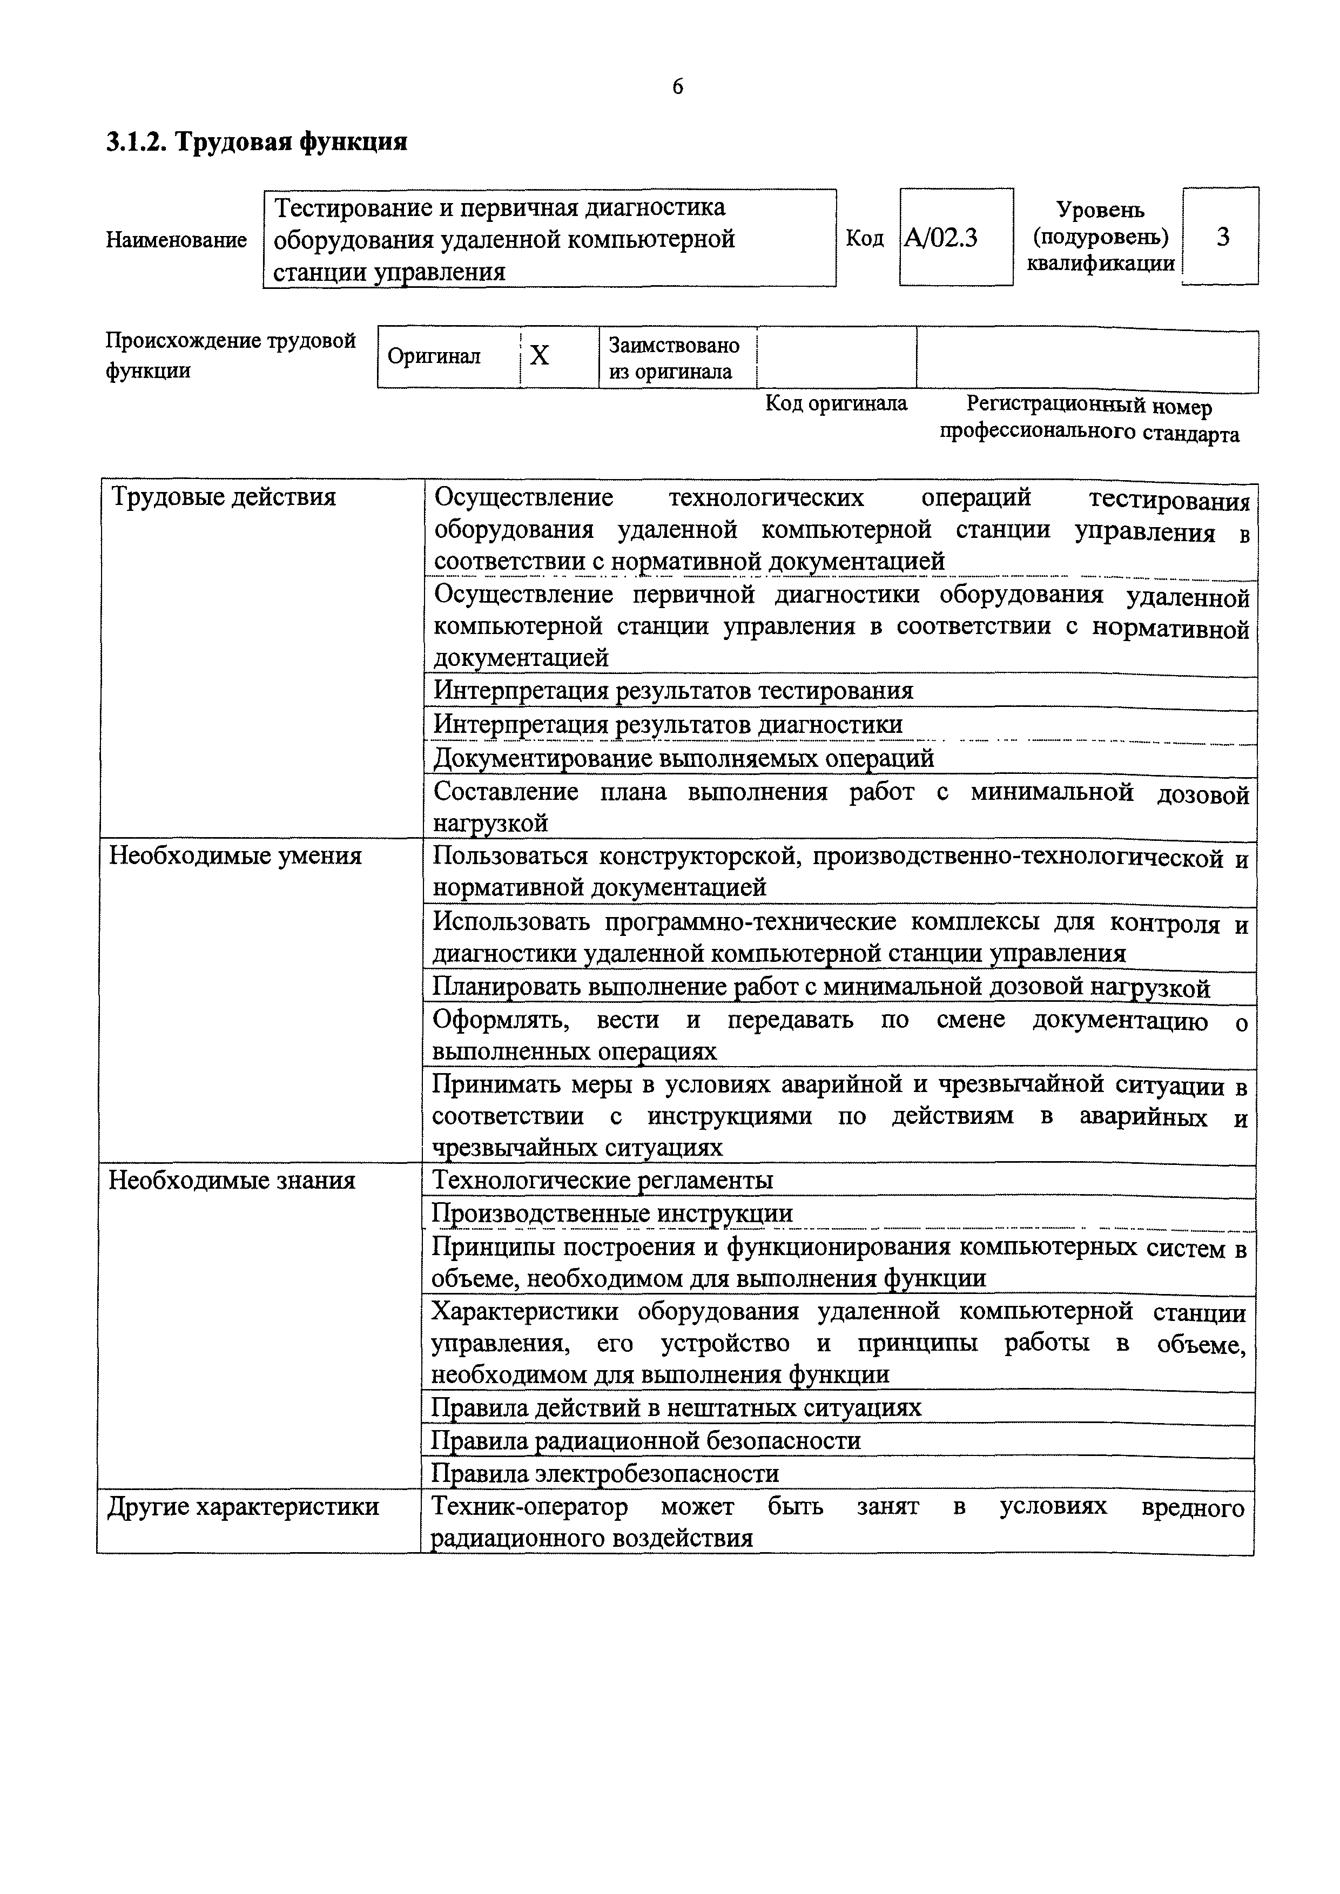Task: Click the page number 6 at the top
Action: [x=677, y=86]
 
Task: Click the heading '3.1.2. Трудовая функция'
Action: [x=257, y=143]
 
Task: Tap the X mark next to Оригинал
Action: [x=539, y=355]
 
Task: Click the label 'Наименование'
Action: [x=176, y=240]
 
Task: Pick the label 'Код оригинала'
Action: [x=836, y=403]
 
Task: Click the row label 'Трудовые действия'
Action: [x=223, y=497]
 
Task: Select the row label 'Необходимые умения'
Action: [x=235, y=855]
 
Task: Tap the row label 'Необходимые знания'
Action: [x=232, y=1181]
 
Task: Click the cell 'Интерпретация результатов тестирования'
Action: [x=674, y=690]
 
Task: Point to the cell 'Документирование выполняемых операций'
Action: [x=684, y=758]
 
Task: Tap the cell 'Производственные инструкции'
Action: [x=612, y=1214]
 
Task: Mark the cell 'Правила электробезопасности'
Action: [x=605, y=1473]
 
